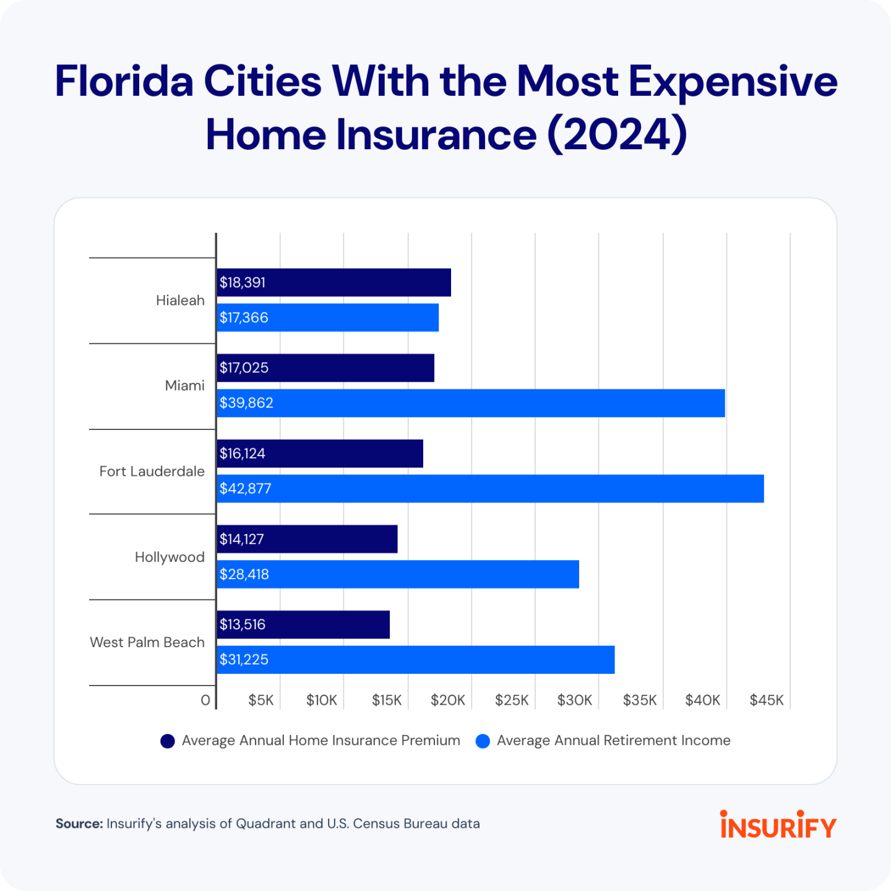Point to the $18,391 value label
coord(243,283)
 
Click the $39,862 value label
coord(246,403)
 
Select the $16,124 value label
coord(243,454)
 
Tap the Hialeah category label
coord(180,301)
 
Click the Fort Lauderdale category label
coord(152,471)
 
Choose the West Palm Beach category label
coord(147,642)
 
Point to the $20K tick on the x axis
coord(448,700)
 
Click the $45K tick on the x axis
coord(767,700)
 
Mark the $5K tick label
coord(261,700)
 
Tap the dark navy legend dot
coord(168,741)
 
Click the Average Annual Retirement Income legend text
coord(613,741)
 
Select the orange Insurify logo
coord(778,825)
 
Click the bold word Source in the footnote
coord(79,824)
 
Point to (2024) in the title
coord(617,134)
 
